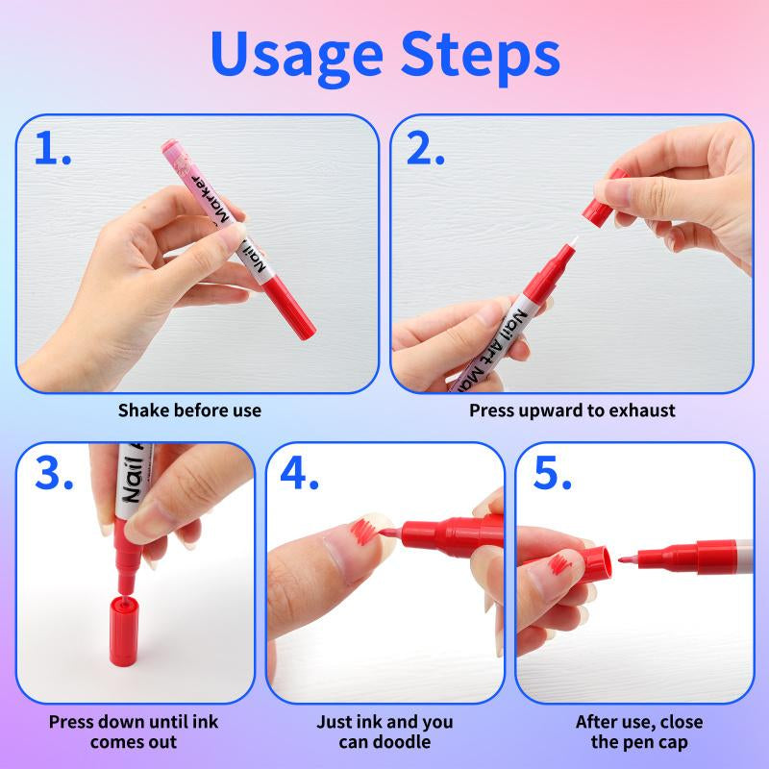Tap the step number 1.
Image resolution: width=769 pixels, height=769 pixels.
pyautogui.click(x=53, y=149)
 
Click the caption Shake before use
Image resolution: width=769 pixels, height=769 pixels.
pyautogui.click(x=189, y=410)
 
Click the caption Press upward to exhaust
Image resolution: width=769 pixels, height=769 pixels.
pyautogui.click(x=572, y=410)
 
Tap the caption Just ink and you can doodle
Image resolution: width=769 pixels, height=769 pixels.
pyautogui.click(x=384, y=731)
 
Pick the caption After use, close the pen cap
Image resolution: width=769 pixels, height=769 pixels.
pyautogui.click(x=638, y=731)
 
